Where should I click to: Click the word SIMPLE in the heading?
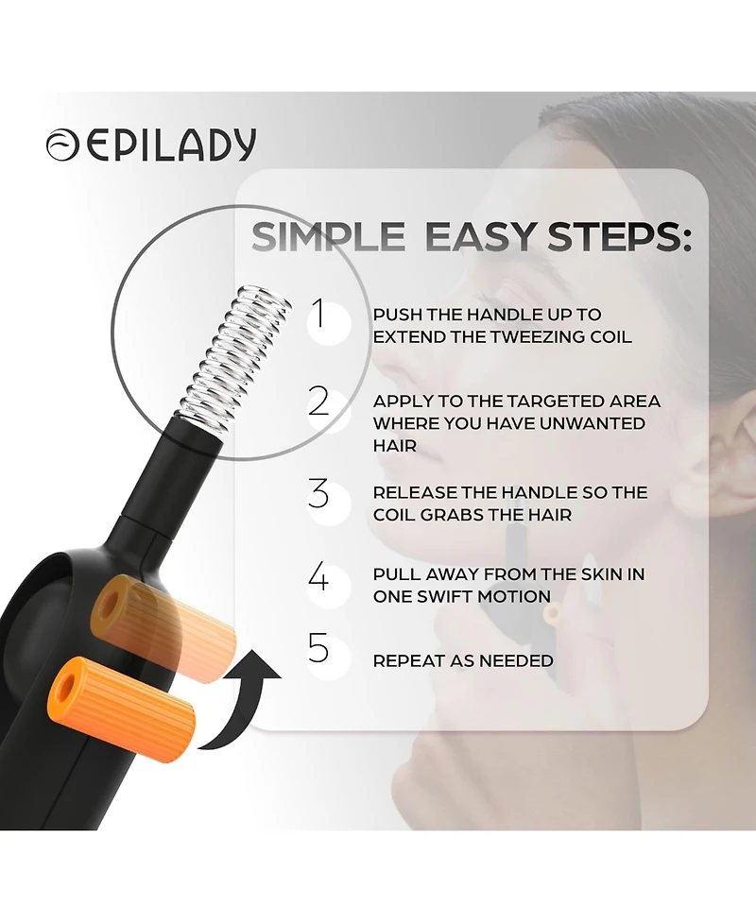[327, 237]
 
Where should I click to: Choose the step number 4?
[319, 575]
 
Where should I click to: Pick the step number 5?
[319, 649]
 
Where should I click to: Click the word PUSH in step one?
[397, 315]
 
